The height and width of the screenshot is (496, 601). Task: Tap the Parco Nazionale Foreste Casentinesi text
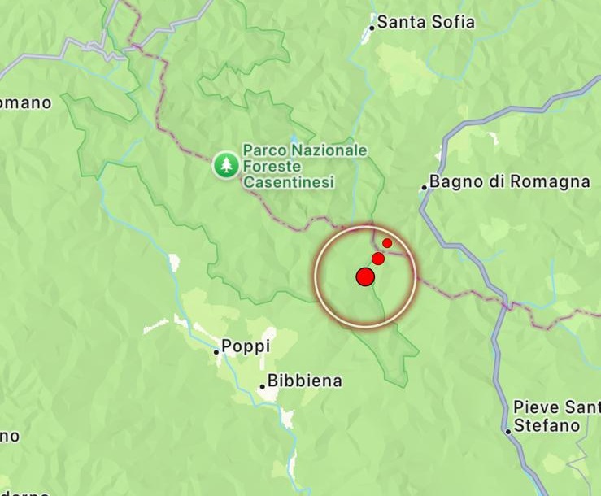point(304,167)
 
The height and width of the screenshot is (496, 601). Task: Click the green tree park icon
point(225,166)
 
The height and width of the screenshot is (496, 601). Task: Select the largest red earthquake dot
point(365,277)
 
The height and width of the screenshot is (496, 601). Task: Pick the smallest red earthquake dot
point(388,243)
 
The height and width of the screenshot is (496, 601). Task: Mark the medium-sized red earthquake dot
point(378,259)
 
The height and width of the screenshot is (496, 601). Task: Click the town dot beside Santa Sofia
point(372,28)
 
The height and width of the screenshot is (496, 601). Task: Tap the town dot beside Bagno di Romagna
point(424,188)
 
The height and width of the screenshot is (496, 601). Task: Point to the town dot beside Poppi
point(216,352)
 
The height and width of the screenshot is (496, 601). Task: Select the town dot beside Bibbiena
point(262,387)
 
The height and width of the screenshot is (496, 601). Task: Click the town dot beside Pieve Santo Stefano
point(508,431)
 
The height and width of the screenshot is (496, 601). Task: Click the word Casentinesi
point(289,183)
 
